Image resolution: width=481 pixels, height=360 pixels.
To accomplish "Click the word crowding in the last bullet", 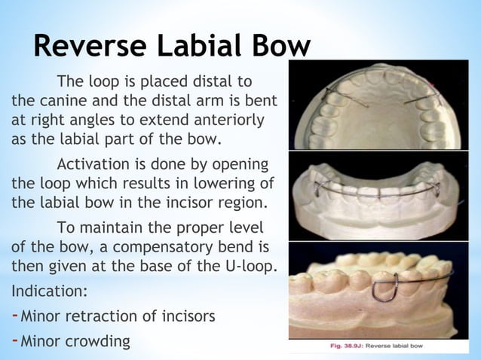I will tap(97, 341).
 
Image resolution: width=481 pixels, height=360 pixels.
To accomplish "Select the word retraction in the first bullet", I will tap(114, 316).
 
